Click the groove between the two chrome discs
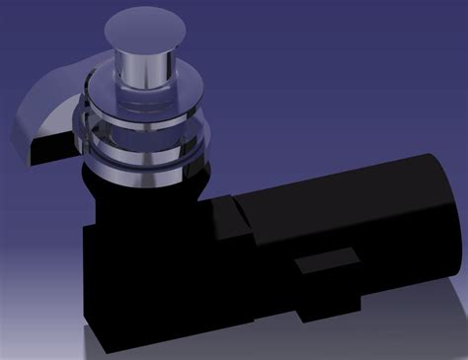148,126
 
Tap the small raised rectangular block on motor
326,265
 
